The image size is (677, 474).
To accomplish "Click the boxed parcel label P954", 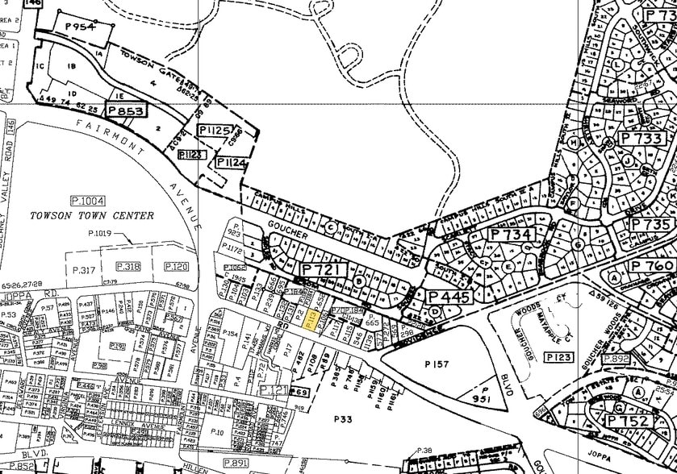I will (80, 27).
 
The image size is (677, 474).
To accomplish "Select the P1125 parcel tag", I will (217, 129).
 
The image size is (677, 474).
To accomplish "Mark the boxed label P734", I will (511, 235).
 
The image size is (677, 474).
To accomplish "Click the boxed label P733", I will (646, 138).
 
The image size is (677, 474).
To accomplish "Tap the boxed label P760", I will (652, 266).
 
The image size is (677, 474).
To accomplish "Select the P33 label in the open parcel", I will (345, 418).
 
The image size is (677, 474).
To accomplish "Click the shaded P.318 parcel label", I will (128, 266).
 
